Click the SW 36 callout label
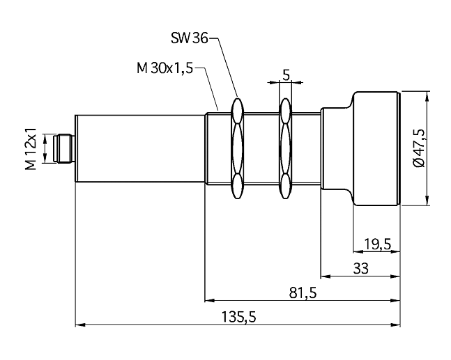click(x=189, y=38)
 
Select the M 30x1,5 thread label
click(x=165, y=68)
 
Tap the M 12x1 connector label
click(x=31, y=148)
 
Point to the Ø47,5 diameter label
click(x=418, y=148)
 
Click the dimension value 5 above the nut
click(x=286, y=75)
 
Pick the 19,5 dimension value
click(x=378, y=244)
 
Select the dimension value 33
click(x=360, y=269)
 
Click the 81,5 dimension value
click(x=303, y=293)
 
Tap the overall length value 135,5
click(x=238, y=318)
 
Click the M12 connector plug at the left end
click(x=64, y=148)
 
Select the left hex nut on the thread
click(x=237, y=148)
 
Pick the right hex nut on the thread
click(x=285, y=148)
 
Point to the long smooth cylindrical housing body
click(x=140, y=148)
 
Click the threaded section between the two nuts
click(x=261, y=148)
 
